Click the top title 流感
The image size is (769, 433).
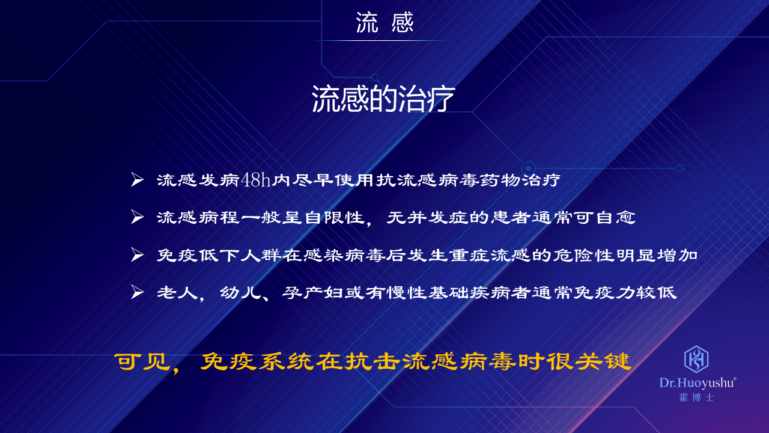pyautogui.click(x=384, y=23)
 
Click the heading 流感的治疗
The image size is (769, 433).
pyautogui.click(x=383, y=99)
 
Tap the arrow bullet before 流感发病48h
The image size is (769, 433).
pyautogui.click(x=138, y=180)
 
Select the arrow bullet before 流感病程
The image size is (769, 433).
pyautogui.click(x=138, y=217)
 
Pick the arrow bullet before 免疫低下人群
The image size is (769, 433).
pyautogui.click(x=138, y=255)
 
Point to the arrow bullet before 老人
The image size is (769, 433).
pyautogui.click(x=138, y=292)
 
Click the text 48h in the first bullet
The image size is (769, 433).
pyautogui.click(x=256, y=179)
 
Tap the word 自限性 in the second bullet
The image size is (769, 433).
pyautogui.click(x=335, y=217)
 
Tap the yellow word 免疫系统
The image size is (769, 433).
pyautogui.click(x=257, y=361)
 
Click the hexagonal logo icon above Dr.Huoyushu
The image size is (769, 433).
pyautogui.click(x=696, y=359)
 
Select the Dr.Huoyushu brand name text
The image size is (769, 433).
pyautogui.click(x=698, y=383)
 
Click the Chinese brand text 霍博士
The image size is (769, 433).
pyautogui.click(x=696, y=398)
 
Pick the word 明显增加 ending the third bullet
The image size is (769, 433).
pyautogui.click(x=657, y=256)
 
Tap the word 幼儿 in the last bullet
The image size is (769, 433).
pyautogui.click(x=240, y=293)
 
